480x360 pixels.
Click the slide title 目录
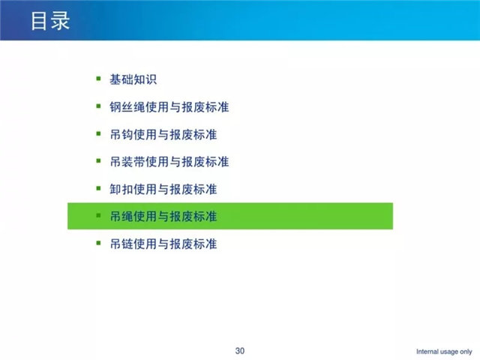50,21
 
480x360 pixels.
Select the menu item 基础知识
133,79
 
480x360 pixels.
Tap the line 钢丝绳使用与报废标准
169,107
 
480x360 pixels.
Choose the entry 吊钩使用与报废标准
163,134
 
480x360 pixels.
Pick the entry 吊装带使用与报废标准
169,162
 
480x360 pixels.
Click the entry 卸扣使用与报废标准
163,189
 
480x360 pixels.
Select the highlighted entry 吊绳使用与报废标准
163,217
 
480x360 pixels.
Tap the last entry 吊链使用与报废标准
163,244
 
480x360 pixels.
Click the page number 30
240,351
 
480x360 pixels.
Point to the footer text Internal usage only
444,352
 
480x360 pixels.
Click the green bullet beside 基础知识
98,79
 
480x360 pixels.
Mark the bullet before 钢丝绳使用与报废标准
98,106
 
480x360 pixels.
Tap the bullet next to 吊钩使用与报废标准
98,133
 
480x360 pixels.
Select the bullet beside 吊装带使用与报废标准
98,160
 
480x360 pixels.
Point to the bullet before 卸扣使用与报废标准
98,188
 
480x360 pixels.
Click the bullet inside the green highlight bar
98,215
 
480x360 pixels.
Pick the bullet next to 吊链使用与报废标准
98,243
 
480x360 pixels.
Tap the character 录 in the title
61,21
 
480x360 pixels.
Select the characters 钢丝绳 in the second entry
127,107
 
